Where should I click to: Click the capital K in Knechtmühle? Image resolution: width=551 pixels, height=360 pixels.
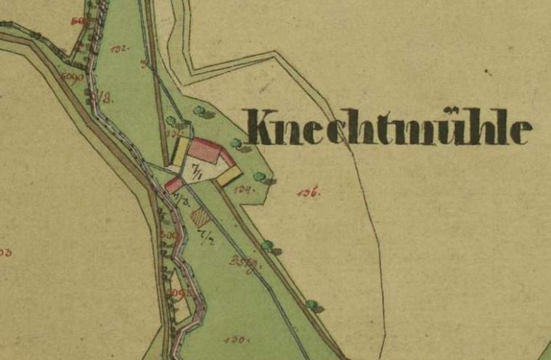pos(263,127)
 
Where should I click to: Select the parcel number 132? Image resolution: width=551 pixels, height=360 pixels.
pos(120,49)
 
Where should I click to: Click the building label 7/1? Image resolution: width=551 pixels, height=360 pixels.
pos(196,171)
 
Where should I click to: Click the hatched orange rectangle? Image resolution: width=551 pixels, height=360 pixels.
pos(197,216)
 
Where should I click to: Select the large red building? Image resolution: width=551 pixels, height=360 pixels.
pos(205,151)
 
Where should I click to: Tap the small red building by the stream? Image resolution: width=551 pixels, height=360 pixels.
pos(174,185)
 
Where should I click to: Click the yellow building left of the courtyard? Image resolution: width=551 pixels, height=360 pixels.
pos(179,153)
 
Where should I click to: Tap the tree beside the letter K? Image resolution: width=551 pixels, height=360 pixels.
pos(235,143)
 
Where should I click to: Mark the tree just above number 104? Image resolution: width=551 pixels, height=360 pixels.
pos(259,176)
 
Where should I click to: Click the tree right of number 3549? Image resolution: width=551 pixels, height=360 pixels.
pos(268,246)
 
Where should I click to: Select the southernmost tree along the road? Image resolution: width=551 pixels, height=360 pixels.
pos(311,304)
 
